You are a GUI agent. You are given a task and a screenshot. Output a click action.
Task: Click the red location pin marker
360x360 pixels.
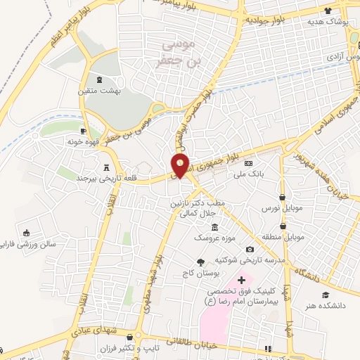point(181,166)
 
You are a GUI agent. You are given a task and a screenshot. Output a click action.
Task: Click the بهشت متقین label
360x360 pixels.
point(98,91)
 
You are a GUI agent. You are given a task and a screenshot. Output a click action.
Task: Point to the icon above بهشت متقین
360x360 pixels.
point(98,79)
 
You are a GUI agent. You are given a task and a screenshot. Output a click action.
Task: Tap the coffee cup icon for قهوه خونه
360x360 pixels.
point(84,130)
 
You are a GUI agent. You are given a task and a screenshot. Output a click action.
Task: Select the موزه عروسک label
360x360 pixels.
point(215,238)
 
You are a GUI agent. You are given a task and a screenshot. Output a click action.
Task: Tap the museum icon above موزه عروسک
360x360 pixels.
point(214,226)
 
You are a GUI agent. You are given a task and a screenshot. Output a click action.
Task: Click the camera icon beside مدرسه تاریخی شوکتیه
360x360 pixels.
point(250,250)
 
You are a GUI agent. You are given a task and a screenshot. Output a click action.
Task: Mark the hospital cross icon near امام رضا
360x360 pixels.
point(241,280)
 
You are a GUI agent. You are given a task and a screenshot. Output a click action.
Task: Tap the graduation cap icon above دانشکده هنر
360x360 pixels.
point(326,295)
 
